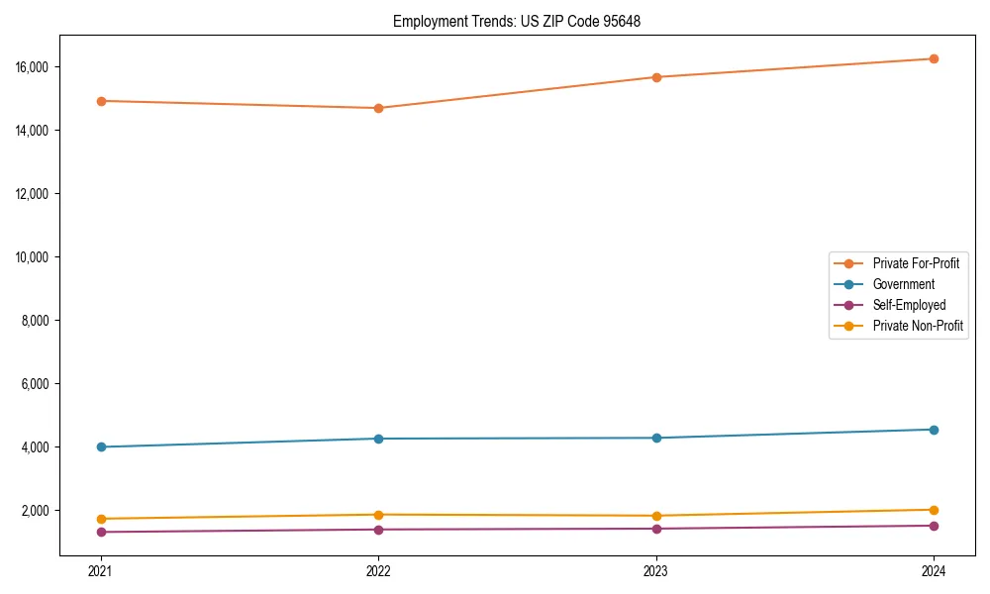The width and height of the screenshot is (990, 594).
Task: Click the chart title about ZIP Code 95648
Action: click(516, 21)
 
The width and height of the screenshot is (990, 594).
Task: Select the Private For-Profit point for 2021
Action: click(100, 101)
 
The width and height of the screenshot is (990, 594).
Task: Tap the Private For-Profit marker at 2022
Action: click(378, 108)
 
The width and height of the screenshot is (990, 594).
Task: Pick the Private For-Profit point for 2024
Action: click(934, 58)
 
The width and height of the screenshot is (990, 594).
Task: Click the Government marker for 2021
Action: click(100, 446)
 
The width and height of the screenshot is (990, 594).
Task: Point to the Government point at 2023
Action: click(655, 438)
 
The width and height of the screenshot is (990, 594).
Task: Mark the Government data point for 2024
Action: click(934, 430)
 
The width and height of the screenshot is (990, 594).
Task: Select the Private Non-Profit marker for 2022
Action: click(378, 515)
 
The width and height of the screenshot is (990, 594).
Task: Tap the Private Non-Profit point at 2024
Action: click(934, 510)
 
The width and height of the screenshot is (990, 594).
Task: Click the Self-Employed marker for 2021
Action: click(100, 532)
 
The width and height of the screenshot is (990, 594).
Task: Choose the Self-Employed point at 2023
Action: click(655, 529)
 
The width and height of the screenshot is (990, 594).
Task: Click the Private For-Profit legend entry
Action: click(915, 263)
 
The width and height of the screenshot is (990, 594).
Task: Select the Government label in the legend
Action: click(903, 284)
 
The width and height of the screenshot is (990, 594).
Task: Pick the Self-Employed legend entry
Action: click(909, 305)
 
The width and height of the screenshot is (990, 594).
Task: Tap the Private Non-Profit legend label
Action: click(918, 326)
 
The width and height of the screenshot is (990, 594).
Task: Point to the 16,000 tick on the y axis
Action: click(33, 67)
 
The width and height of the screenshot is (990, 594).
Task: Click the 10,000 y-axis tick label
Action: click(33, 257)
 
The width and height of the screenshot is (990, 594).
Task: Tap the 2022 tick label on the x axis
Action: click(378, 570)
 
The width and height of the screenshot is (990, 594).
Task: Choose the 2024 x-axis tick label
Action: click(934, 570)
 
